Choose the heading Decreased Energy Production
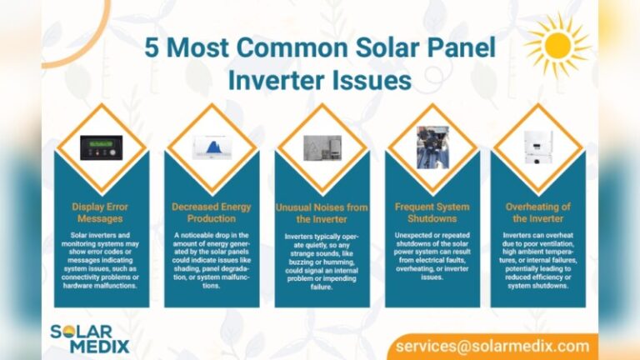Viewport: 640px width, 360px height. tap(212, 212)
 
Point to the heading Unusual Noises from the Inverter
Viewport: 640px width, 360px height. tap(322, 212)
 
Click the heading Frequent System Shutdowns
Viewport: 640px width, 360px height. tap(432, 212)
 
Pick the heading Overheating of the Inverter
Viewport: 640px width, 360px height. tap(537, 212)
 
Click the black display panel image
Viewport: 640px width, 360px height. tap(101, 147)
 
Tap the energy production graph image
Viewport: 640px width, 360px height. tap(212, 147)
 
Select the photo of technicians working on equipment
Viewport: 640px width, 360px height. tap(432, 147)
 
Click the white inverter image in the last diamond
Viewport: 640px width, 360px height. tap(537, 147)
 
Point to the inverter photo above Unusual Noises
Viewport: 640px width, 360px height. tap(322, 147)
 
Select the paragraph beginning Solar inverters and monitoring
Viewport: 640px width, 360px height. tap(101, 260)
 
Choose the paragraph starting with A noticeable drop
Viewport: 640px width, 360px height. tap(212, 260)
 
